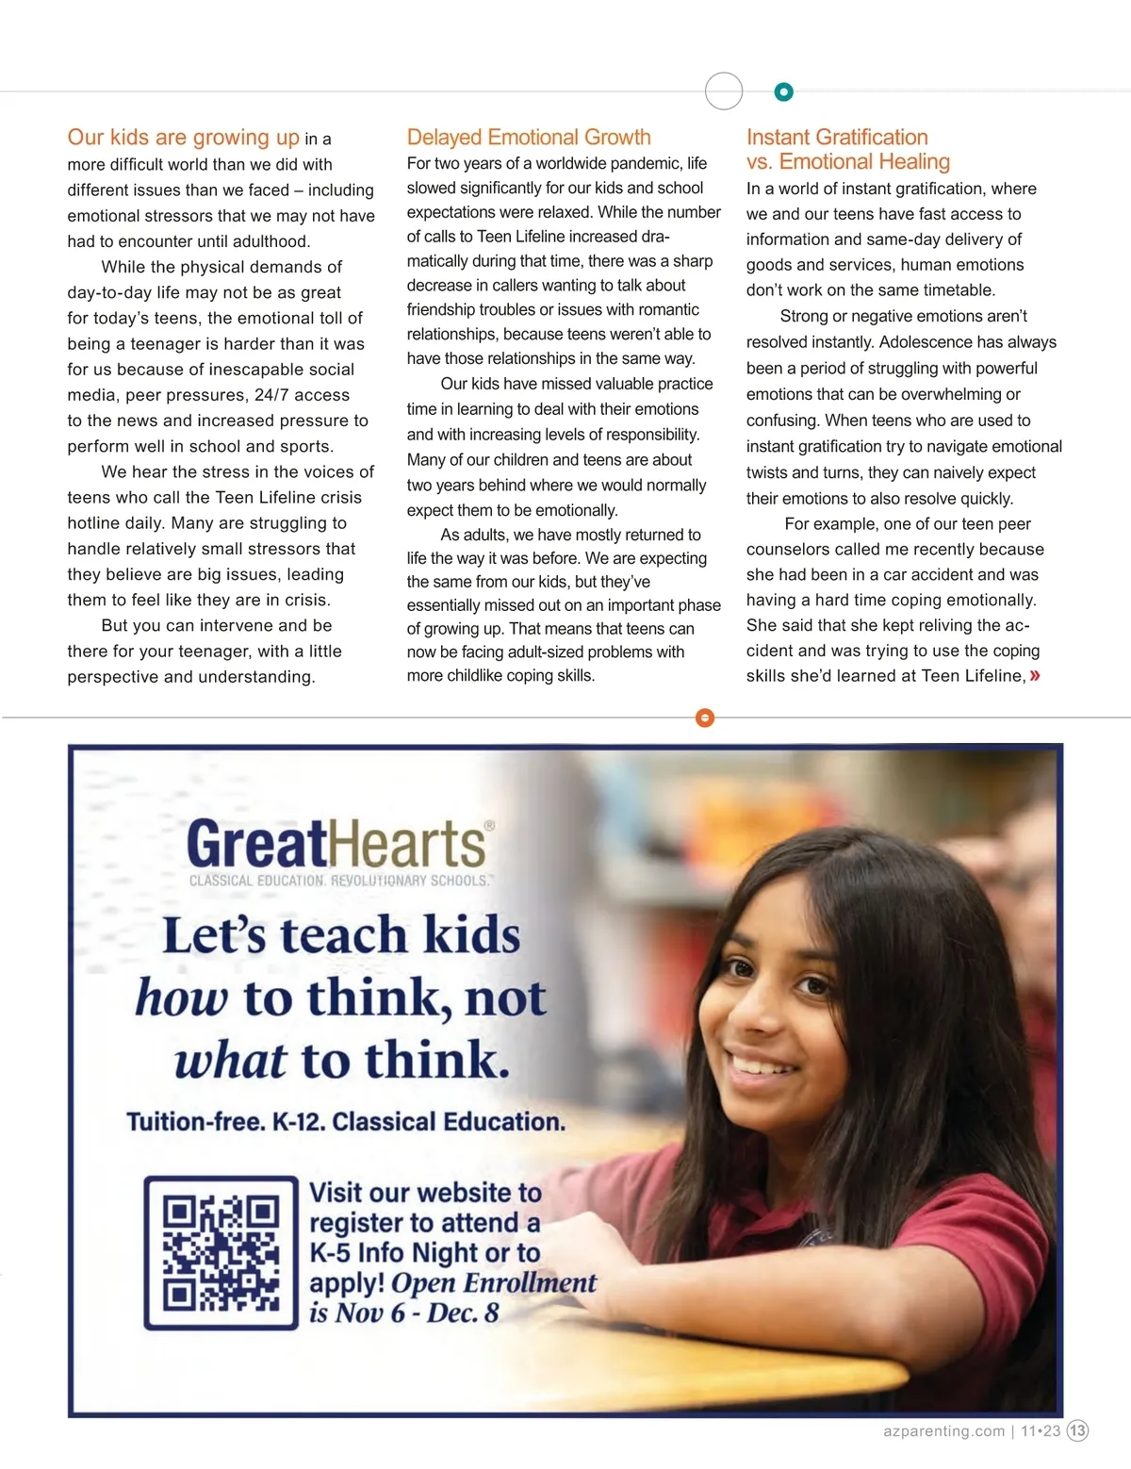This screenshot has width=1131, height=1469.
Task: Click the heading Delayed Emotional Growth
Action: click(x=529, y=138)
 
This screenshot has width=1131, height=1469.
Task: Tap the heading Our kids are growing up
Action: click(x=183, y=138)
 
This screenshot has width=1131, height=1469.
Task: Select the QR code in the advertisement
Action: click(x=221, y=1253)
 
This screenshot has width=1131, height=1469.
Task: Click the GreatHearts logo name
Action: click(x=336, y=843)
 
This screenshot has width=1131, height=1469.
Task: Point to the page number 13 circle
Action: click(x=1077, y=1430)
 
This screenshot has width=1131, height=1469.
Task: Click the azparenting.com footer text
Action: click(x=943, y=1430)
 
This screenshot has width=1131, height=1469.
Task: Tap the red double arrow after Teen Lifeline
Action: click(x=1036, y=675)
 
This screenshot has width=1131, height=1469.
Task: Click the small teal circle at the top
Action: click(x=783, y=91)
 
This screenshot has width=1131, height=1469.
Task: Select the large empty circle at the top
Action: click(x=724, y=91)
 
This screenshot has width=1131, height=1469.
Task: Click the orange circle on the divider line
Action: click(x=704, y=718)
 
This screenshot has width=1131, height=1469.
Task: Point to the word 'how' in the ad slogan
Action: click(x=182, y=998)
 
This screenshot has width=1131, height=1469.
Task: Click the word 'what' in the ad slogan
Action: click(x=230, y=1061)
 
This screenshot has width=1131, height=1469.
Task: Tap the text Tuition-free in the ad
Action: click(x=195, y=1121)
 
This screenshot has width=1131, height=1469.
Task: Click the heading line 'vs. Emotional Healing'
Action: click(x=847, y=162)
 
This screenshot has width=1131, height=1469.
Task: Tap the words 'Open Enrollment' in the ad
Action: click(x=493, y=1283)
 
